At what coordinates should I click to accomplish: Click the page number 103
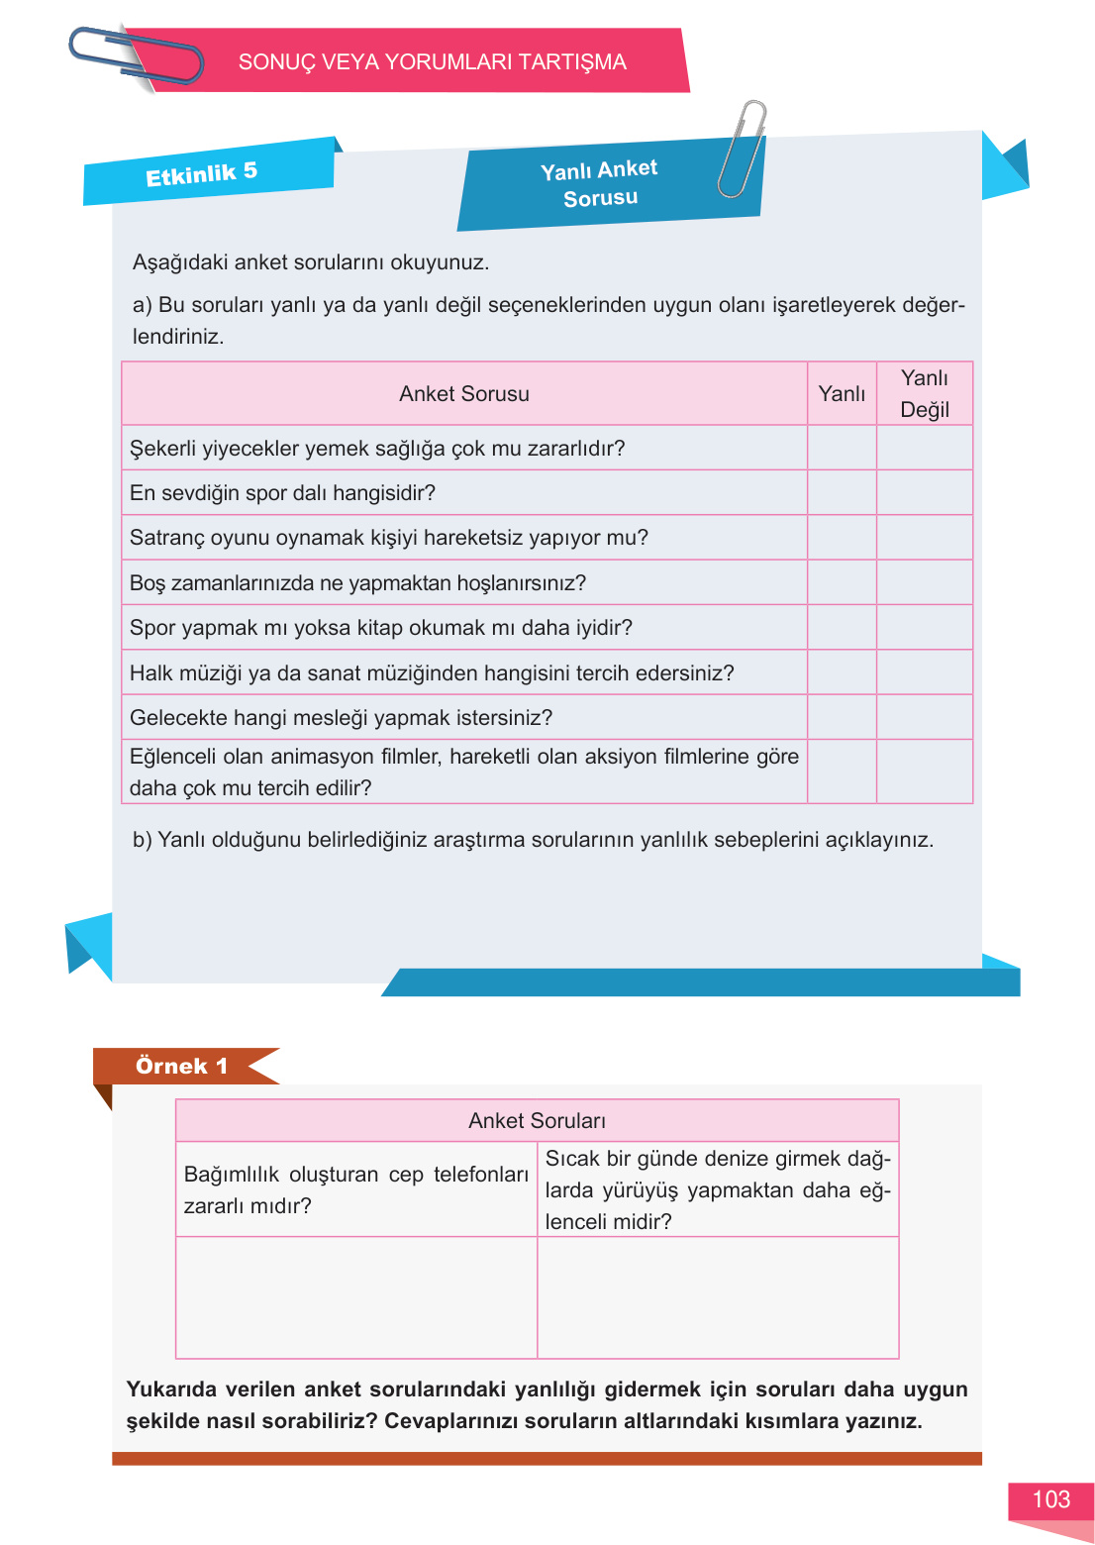(x=1050, y=1499)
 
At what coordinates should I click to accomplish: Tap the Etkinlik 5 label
(x=202, y=174)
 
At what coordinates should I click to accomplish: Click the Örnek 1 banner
(x=181, y=1066)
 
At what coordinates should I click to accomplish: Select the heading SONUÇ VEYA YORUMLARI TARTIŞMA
(x=432, y=62)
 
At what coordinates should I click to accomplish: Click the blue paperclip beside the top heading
(x=134, y=56)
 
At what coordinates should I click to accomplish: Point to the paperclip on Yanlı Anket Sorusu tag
(x=743, y=149)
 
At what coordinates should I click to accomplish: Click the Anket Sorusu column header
(x=463, y=394)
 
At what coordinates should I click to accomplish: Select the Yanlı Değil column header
(x=924, y=394)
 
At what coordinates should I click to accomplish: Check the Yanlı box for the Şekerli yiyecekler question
(x=842, y=449)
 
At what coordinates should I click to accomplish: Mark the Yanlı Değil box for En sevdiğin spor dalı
(x=924, y=493)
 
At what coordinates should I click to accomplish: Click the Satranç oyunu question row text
(x=388, y=538)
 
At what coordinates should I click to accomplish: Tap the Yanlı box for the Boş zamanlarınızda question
(x=842, y=583)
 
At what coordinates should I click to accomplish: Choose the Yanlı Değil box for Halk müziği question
(x=924, y=673)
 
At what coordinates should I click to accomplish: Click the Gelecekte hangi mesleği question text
(x=341, y=718)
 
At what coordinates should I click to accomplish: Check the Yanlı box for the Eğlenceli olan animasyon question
(x=842, y=772)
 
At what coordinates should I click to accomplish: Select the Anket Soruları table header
(x=537, y=1121)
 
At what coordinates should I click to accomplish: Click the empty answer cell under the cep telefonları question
(x=356, y=1297)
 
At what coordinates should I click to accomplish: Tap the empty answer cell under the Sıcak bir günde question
(x=718, y=1297)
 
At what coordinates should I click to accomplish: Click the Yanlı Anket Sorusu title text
(x=600, y=183)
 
